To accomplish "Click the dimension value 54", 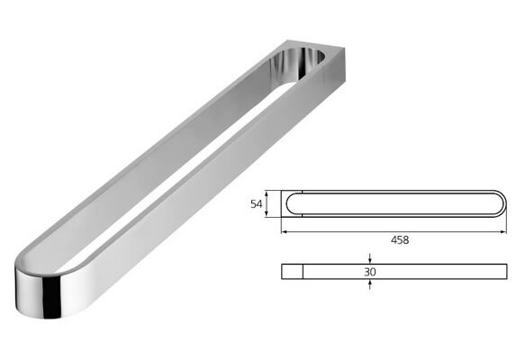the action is click(256, 204).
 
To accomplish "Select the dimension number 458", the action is click(400, 240).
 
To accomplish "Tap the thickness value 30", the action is click(370, 272).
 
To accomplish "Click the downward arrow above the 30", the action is click(370, 258).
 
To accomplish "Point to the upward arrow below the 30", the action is click(370, 284).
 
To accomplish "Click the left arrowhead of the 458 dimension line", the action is click(285, 232).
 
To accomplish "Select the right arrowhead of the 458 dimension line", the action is click(503, 232).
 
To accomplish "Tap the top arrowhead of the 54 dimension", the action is click(267, 194).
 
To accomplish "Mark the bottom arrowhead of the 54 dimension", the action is click(267, 213).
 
